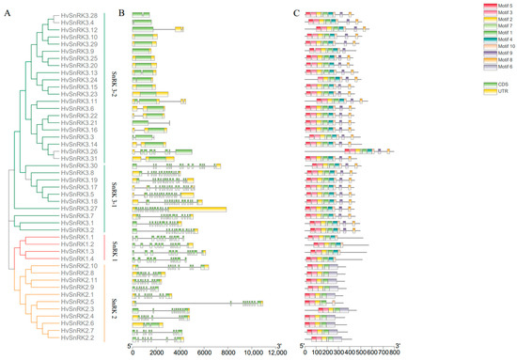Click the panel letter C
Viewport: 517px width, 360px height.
297,12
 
